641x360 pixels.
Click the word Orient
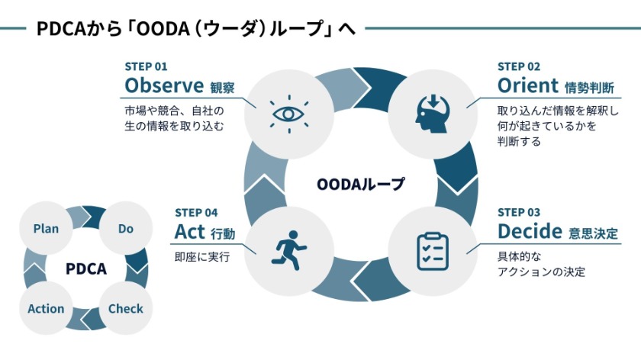[527, 84]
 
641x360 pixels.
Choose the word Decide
[530, 230]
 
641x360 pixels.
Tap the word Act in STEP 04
[191, 230]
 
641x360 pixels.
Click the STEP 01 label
[146, 66]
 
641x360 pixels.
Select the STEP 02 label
[519, 66]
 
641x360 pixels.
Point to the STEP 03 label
[519, 212]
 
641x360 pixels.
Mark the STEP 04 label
[196, 212]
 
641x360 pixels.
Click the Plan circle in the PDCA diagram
[46, 229]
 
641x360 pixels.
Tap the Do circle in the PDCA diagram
[126, 229]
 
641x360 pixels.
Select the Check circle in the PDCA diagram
[126, 309]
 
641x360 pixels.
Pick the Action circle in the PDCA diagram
[46, 309]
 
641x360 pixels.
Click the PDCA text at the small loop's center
[85, 268]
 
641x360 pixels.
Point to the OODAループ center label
[360, 184]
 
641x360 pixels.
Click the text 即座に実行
[202, 257]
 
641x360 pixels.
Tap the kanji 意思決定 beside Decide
[593, 232]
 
